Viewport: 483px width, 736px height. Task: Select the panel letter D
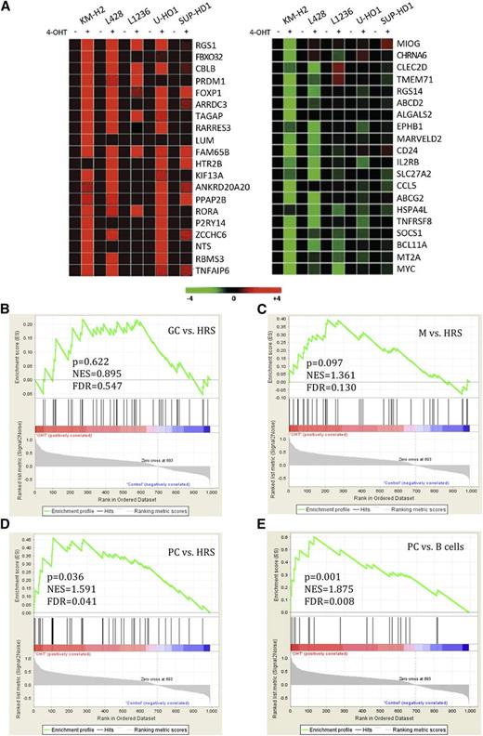[8, 523]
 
